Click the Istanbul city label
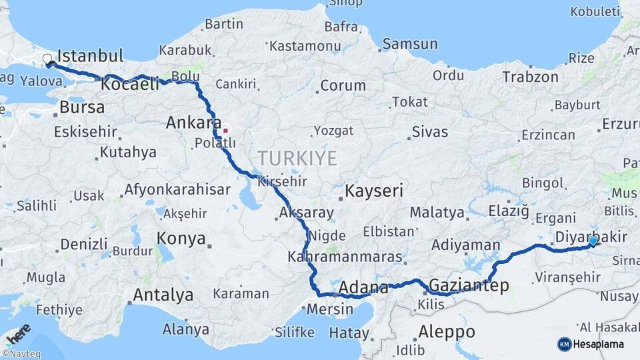(x=91, y=55)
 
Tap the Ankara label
(x=193, y=123)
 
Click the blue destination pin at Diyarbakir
(x=593, y=241)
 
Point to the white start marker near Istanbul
(x=47, y=59)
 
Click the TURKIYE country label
(x=297, y=158)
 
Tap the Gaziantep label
(x=469, y=286)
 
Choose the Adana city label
(x=363, y=288)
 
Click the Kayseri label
(x=374, y=191)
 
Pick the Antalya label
(x=163, y=295)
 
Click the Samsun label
(x=410, y=44)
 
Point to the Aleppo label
(x=447, y=331)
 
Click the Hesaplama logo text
(x=600, y=344)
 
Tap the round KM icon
(x=565, y=344)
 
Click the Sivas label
(x=430, y=131)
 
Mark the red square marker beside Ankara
(x=226, y=130)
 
